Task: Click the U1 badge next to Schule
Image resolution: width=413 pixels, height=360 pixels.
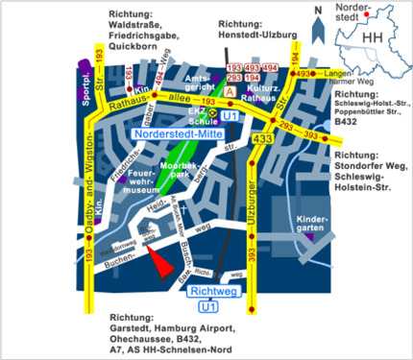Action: pos(229,115)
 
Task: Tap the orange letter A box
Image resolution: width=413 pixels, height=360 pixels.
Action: pos(229,88)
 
